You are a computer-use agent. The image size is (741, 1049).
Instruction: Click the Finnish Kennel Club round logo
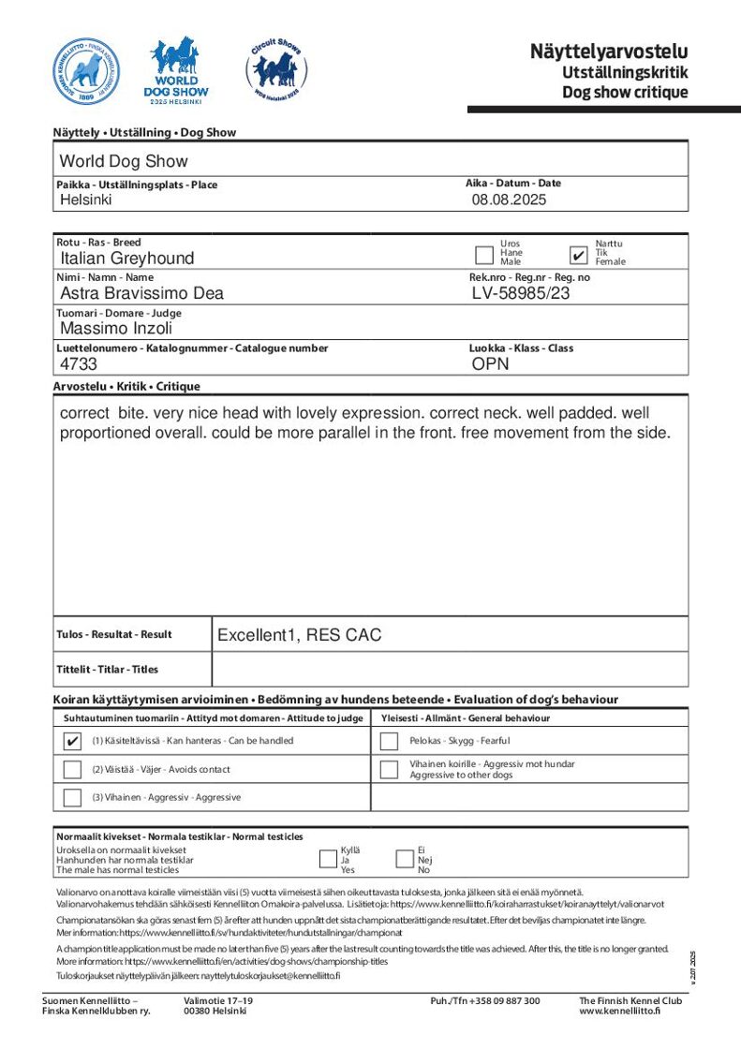(86, 71)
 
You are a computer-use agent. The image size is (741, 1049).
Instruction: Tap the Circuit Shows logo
(275, 71)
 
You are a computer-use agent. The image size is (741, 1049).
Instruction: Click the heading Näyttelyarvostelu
(608, 52)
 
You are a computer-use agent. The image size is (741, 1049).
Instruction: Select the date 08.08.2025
(509, 199)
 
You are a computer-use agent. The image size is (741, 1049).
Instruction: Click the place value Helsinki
(86, 199)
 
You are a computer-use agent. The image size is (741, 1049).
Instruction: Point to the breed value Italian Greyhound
(127, 259)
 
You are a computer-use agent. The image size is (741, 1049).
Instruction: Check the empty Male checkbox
(484, 255)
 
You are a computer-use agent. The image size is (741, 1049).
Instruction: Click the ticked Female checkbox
(579, 255)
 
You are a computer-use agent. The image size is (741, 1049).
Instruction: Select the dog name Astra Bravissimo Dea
(141, 293)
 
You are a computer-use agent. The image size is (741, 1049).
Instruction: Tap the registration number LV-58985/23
(521, 293)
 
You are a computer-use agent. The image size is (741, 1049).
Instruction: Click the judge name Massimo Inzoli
(116, 329)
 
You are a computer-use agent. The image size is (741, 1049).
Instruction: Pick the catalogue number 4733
(79, 364)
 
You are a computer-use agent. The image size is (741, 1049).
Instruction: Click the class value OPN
(491, 364)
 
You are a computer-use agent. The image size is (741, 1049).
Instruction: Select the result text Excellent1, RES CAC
(300, 635)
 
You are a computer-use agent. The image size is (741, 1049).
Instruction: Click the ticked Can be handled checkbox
(72, 741)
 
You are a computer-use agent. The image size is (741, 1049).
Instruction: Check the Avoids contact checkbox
(72, 770)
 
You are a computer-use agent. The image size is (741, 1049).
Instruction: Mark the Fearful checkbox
(390, 741)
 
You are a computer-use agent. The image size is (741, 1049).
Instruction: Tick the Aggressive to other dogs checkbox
(390, 770)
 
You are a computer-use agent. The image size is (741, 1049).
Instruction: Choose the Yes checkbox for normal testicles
(328, 859)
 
